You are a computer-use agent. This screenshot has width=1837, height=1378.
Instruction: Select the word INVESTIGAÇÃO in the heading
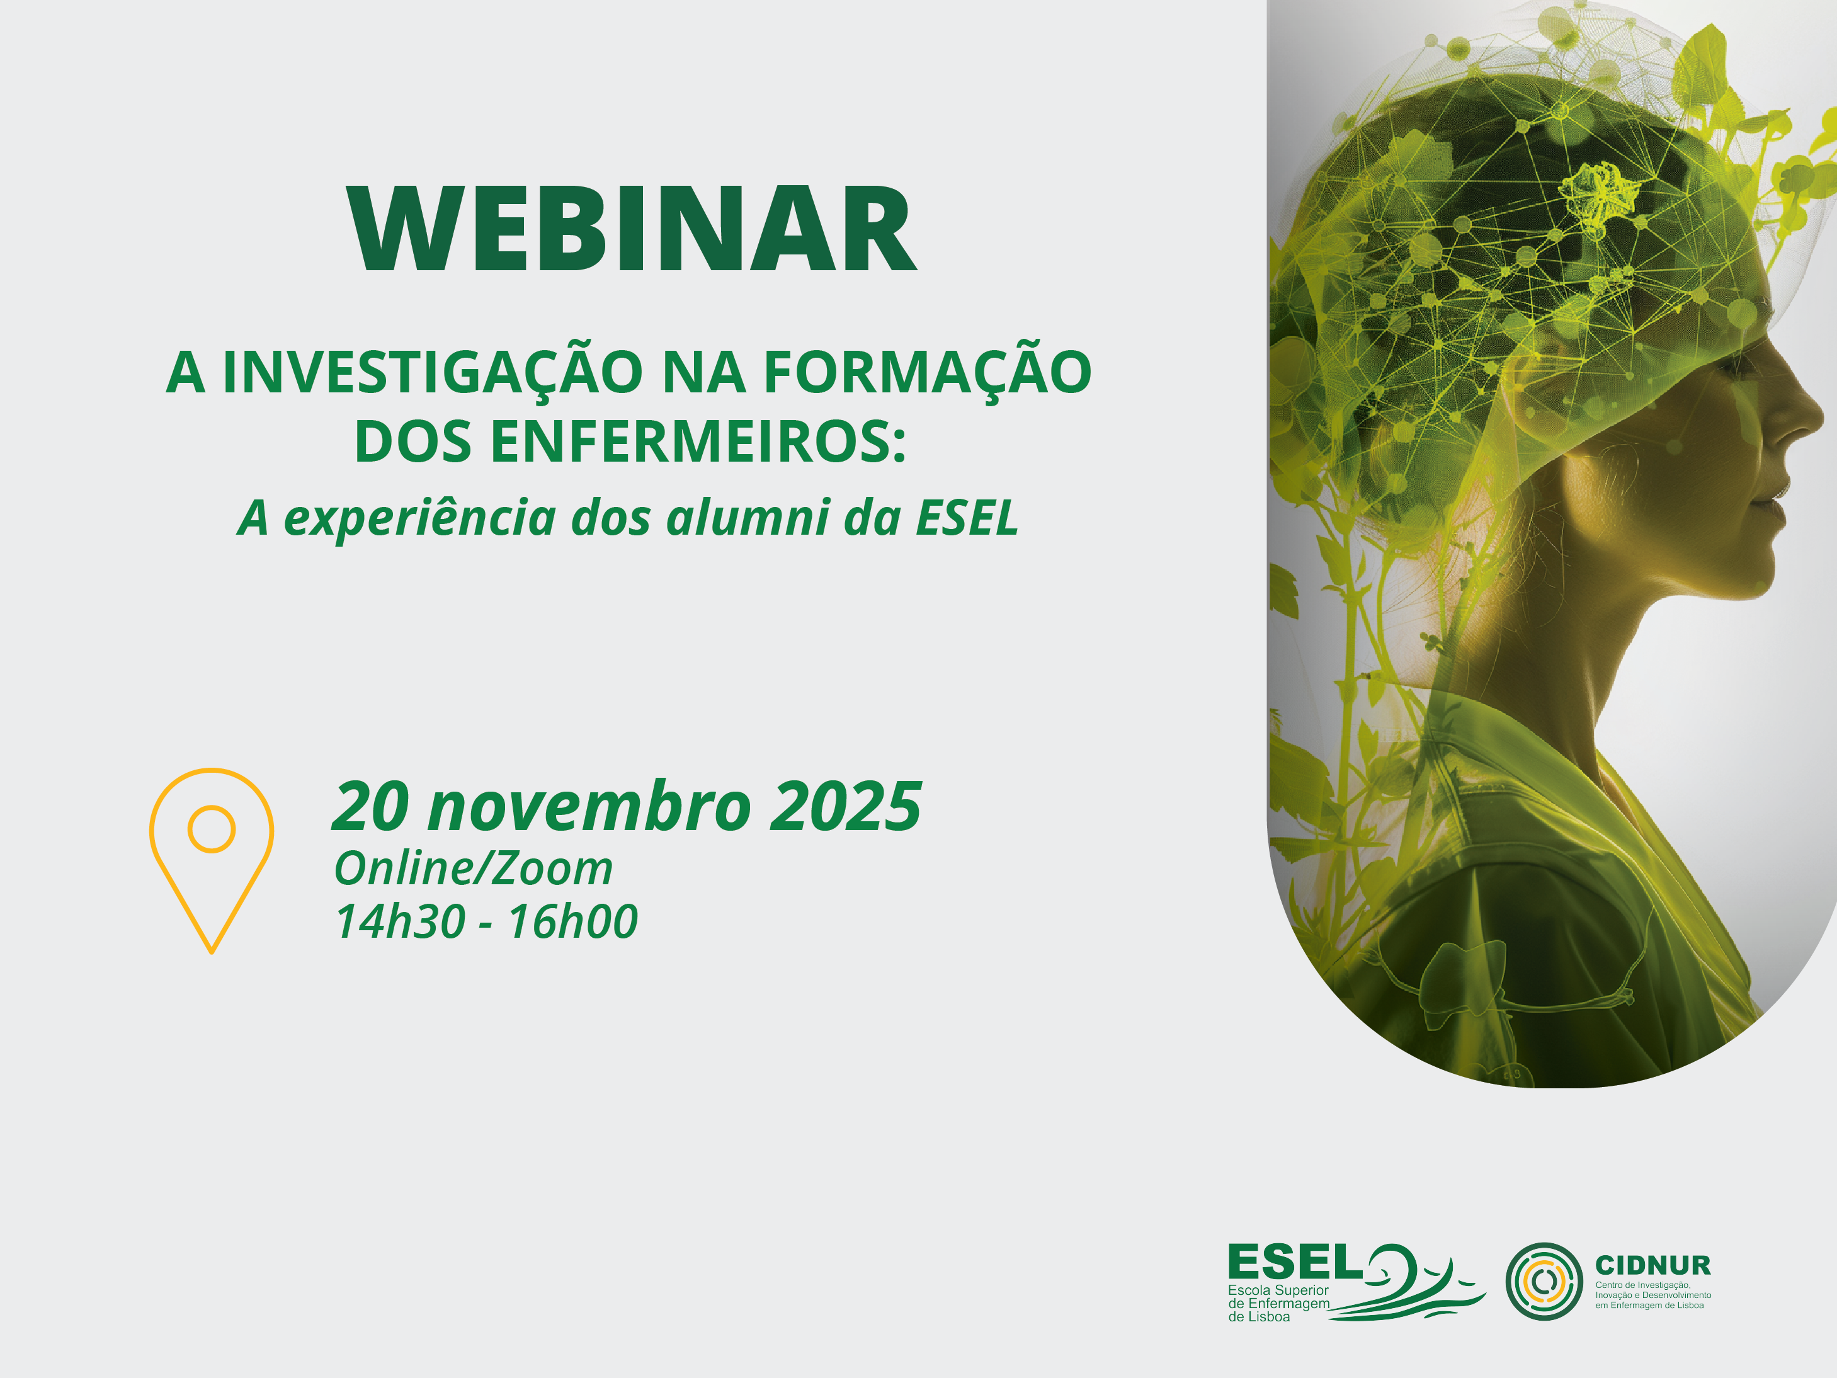[x=433, y=373]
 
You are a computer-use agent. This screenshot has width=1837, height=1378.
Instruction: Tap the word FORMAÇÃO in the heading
[x=927, y=373]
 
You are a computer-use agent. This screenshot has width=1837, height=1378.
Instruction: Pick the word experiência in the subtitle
[x=419, y=519]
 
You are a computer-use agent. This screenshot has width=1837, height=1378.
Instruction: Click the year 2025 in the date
[x=845, y=807]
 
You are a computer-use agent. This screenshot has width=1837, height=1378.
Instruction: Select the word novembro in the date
[x=589, y=807]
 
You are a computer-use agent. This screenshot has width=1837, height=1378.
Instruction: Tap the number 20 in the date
[x=370, y=807]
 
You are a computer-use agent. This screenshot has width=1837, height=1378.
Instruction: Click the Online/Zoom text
[x=474, y=869]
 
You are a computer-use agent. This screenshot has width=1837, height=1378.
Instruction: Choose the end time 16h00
[x=572, y=922]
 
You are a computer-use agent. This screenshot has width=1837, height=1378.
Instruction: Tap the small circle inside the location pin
[x=211, y=829]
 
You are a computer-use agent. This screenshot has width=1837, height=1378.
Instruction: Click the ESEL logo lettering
[x=1295, y=1263]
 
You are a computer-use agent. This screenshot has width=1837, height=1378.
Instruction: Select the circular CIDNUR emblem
[x=1544, y=1282]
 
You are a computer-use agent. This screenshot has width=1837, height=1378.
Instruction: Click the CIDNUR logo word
[x=1652, y=1266]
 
